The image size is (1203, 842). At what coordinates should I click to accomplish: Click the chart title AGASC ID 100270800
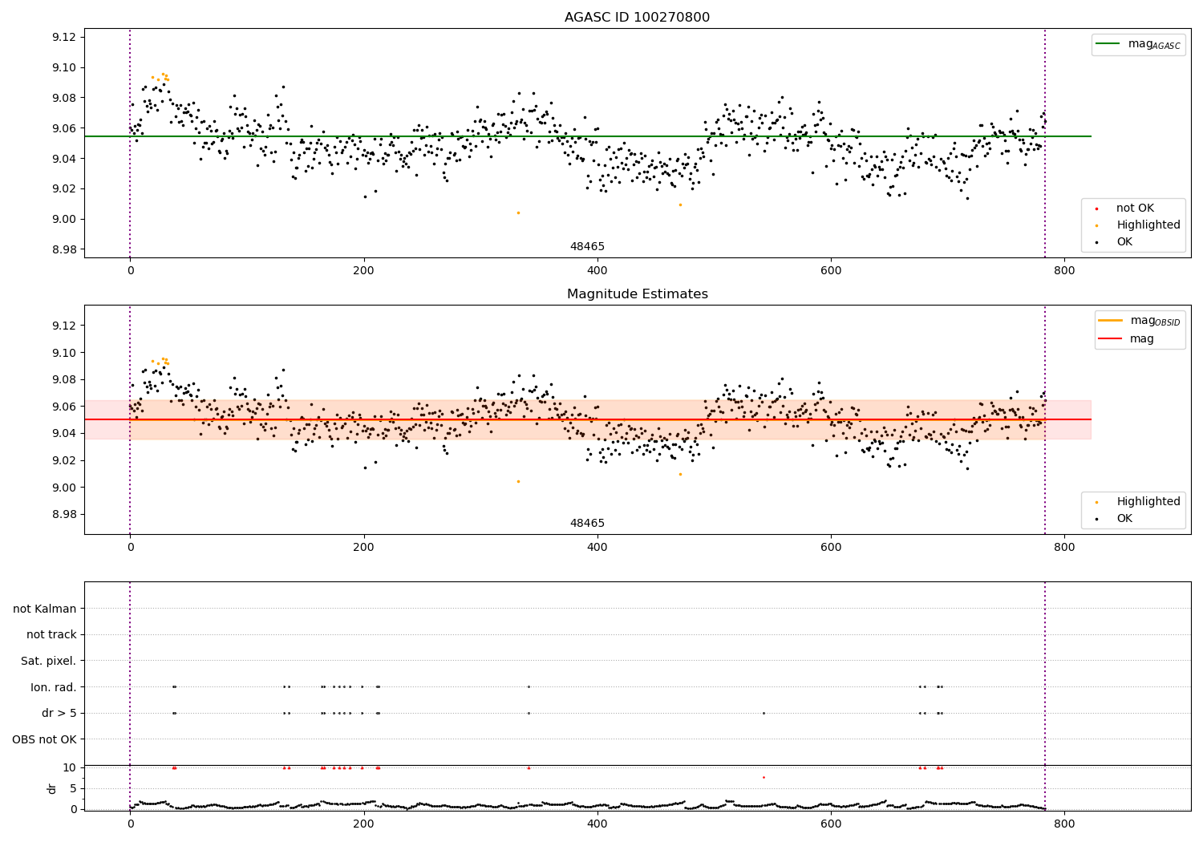coord(637,18)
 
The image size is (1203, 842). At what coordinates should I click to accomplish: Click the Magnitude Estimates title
coord(637,294)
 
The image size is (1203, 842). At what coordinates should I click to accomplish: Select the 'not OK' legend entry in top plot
coord(1135,208)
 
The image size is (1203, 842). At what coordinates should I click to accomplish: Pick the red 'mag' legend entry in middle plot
coord(1141,339)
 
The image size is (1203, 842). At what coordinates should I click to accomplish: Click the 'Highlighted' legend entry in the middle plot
coord(1148,502)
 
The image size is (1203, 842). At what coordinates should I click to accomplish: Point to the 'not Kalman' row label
coord(45,609)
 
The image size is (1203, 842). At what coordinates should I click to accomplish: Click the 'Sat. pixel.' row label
coord(49,661)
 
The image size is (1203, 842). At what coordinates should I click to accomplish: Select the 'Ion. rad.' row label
coord(54,687)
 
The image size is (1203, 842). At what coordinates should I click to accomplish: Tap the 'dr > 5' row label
coord(59,713)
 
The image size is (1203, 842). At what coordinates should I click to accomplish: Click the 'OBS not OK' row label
coord(45,739)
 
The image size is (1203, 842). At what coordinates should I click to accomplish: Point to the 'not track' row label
coord(51,635)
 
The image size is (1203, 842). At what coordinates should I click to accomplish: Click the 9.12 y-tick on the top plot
coord(63,37)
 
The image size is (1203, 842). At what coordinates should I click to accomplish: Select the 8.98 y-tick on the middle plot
coord(63,515)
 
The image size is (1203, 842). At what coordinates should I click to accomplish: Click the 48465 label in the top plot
coord(587,247)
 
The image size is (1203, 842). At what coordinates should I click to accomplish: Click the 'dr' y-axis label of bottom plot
coord(52,788)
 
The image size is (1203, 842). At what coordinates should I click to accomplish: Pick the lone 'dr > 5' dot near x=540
coord(764,713)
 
